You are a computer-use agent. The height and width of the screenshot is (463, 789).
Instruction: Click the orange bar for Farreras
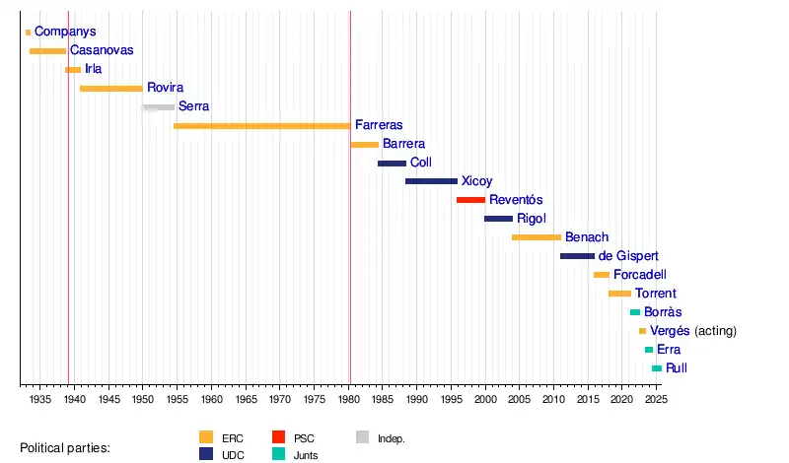pos(261,126)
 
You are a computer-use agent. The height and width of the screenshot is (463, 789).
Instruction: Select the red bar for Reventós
pos(470,200)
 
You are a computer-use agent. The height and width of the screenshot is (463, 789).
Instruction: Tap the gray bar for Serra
pos(158,106)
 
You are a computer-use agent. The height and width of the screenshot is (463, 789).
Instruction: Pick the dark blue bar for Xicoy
pos(431,181)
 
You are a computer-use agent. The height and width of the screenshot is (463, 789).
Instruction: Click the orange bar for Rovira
pos(111,89)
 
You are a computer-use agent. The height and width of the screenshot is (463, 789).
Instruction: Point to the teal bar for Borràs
pos(635,312)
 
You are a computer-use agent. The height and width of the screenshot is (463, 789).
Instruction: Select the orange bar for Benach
pos(537,237)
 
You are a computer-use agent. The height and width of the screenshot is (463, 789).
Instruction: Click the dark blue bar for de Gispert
pos(577,256)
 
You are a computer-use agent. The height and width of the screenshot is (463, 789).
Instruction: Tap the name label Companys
pos(65,33)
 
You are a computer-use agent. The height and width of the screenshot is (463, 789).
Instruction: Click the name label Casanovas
pos(102,50)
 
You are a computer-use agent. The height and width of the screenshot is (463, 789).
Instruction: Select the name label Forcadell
pos(645,275)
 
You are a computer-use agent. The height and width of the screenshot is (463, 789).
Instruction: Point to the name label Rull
pos(677,368)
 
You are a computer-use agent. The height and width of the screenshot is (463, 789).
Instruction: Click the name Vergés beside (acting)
pos(671,331)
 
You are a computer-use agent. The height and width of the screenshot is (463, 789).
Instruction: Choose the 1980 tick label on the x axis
pos(350,399)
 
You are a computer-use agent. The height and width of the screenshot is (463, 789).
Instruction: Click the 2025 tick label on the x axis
pos(656,399)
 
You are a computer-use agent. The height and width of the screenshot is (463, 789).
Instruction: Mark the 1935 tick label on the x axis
pos(40,399)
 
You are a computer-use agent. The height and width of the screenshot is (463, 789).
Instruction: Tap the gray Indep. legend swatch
pos(362,437)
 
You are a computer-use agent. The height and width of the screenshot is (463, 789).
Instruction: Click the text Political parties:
pos(65,448)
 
